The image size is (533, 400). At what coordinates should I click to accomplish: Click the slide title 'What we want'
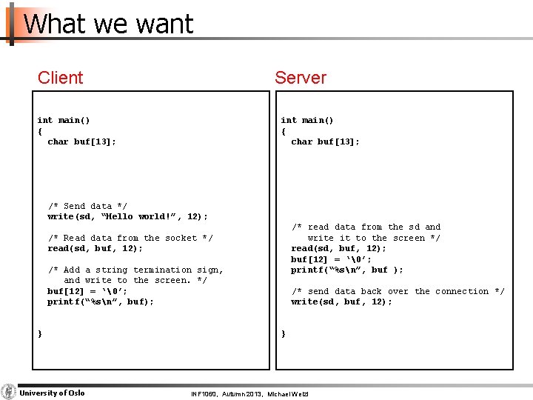pyautogui.click(x=108, y=24)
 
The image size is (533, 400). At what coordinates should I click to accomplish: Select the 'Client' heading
pyautogui.click(x=60, y=77)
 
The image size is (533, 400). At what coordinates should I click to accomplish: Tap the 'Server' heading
pyautogui.click(x=300, y=77)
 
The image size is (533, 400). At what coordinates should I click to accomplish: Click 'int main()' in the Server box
pyautogui.click(x=306, y=120)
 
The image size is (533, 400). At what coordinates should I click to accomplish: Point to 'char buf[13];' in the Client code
pyautogui.click(x=81, y=141)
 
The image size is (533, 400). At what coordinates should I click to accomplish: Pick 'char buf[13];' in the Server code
pyautogui.click(x=325, y=141)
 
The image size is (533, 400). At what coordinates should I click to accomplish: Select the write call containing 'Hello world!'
pyautogui.click(x=127, y=216)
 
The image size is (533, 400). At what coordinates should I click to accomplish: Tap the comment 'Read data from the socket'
pyautogui.click(x=130, y=238)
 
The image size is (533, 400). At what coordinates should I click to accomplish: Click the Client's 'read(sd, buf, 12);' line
pyautogui.click(x=95, y=249)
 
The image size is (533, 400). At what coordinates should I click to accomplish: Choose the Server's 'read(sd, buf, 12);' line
pyautogui.click(x=338, y=249)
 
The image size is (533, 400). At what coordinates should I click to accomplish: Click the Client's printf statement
pyautogui.click(x=101, y=302)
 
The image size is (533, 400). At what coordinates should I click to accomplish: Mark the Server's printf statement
pyautogui.click(x=346, y=270)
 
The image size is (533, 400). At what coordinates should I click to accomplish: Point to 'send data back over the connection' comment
pyautogui.click(x=398, y=291)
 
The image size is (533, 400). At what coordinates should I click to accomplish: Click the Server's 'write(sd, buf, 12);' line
pyautogui.click(x=341, y=302)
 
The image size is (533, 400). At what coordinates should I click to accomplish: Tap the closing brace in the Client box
pyautogui.click(x=40, y=334)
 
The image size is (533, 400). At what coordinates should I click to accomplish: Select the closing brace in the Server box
pyautogui.click(x=284, y=334)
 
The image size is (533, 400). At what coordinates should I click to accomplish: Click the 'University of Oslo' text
pyautogui.click(x=52, y=393)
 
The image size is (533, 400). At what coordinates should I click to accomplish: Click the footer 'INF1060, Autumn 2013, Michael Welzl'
pyautogui.click(x=249, y=393)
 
